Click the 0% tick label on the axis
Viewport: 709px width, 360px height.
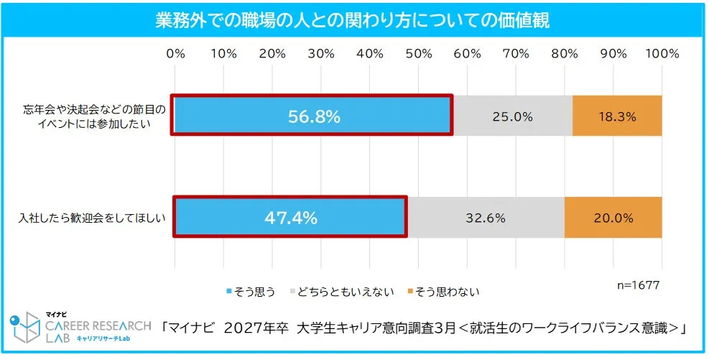(x=175, y=55)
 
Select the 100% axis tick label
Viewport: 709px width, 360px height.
(x=662, y=55)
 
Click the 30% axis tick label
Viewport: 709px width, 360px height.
(x=321, y=55)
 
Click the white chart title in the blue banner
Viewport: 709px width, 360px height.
(x=353, y=21)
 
